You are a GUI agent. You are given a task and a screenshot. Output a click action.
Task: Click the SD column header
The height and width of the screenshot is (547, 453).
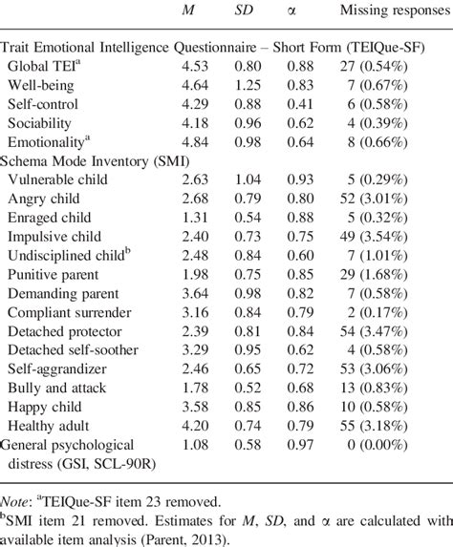(246, 11)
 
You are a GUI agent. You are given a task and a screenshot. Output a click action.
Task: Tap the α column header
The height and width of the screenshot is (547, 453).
(306, 11)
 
